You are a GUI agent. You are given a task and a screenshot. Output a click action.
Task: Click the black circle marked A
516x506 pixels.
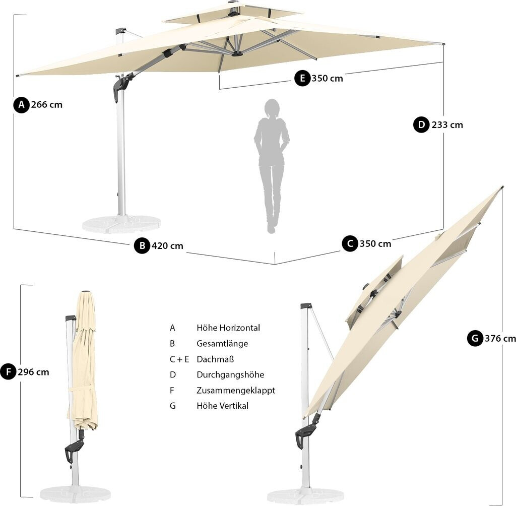[21, 105]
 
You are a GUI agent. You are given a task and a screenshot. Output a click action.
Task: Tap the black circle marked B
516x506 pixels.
[142, 246]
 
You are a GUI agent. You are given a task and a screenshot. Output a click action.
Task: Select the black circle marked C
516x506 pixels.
[350, 244]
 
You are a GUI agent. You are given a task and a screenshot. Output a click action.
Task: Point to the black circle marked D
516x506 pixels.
[421, 124]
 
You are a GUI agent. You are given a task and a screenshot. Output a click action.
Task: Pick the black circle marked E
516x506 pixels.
[302, 78]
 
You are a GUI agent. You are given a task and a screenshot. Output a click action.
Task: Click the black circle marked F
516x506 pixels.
[8, 372]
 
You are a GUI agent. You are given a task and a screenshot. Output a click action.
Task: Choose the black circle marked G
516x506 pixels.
[475, 338]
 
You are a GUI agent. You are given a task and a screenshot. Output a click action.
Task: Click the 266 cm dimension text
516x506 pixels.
[47, 105]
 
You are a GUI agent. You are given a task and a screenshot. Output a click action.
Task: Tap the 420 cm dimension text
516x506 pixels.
[168, 246]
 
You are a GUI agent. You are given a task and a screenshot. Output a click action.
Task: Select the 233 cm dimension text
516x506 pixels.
[447, 124]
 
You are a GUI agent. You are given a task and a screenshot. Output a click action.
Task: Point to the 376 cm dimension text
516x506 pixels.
[500, 338]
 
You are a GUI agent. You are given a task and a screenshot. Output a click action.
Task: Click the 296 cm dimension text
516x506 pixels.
[33, 372]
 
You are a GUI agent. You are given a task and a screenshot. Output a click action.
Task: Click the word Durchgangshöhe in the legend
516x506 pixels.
[230, 374]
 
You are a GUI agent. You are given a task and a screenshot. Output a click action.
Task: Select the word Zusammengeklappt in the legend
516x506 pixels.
[235, 390]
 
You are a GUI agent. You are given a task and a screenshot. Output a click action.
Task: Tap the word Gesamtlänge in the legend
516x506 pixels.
[222, 343]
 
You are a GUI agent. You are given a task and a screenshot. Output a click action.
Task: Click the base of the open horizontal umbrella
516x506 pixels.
[121, 223]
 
